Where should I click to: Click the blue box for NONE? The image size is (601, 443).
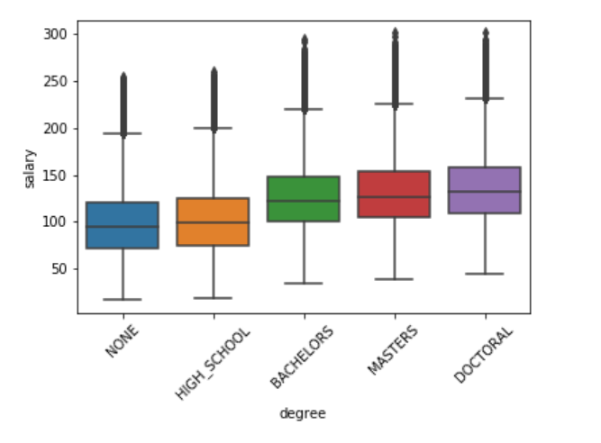pos(123,225)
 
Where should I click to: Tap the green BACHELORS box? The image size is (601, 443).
pos(304,199)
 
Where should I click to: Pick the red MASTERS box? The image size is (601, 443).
pos(395,194)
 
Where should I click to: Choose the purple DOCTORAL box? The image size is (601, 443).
pos(485,190)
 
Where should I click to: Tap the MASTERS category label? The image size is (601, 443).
pos(389,348)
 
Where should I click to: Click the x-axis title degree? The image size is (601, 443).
pos(303,413)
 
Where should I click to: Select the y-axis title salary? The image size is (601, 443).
pos(30,168)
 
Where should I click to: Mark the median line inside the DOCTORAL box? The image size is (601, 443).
pos(485,191)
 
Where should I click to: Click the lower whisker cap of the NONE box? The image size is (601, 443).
pos(123,299)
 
